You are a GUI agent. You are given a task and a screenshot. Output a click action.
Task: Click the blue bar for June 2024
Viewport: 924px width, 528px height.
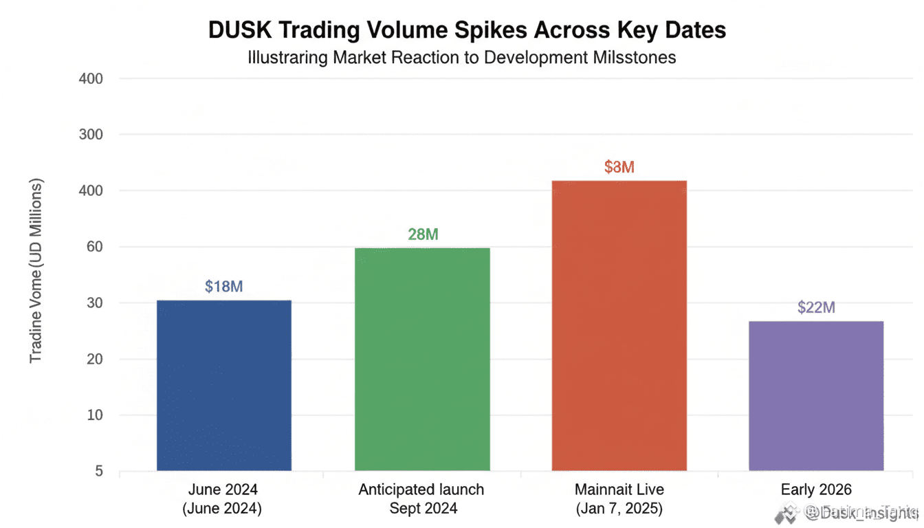tap(224, 385)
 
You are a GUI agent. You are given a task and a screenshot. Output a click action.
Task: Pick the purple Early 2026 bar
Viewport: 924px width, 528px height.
tap(816, 395)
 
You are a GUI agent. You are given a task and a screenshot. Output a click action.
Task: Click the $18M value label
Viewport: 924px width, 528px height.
tap(224, 287)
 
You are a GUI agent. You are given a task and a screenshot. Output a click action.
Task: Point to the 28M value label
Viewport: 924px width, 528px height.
tap(423, 234)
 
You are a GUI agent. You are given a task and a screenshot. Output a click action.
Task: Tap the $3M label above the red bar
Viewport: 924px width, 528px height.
tap(619, 167)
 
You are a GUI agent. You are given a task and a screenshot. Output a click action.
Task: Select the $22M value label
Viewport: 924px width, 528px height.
tap(816, 307)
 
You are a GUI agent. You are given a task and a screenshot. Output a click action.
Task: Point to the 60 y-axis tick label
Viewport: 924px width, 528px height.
tap(95, 247)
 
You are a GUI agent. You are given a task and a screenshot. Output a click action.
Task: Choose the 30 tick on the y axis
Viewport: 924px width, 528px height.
tap(95, 303)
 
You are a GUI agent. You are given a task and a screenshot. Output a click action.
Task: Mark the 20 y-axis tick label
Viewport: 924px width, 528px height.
tap(95, 359)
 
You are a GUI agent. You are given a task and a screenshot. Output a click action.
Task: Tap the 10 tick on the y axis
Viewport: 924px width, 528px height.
tap(95, 415)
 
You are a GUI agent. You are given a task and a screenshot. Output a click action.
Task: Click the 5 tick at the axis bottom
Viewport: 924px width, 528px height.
tap(99, 472)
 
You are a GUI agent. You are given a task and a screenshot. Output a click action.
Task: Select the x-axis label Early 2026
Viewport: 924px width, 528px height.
tap(816, 489)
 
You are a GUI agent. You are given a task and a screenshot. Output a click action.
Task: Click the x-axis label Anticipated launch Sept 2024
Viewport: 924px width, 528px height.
tap(421, 499)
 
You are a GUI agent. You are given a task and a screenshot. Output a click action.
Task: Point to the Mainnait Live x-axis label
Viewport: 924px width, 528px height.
tap(619, 499)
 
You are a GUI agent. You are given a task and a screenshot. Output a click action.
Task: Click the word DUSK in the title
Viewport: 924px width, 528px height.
tap(237, 30)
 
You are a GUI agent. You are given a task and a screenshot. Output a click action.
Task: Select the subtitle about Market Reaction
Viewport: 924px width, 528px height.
tap(461, 57)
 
